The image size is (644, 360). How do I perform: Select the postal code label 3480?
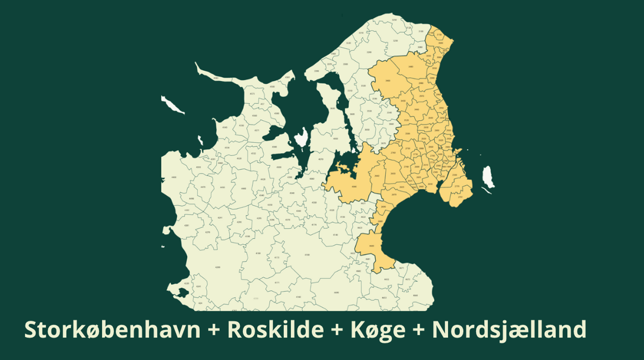tap(411, 67)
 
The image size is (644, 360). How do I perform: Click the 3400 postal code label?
tap(387, 80)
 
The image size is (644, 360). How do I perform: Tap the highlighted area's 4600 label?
tap(372, 246)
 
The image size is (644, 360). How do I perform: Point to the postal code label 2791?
tap(460, 197)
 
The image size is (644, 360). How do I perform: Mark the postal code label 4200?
tap(217, 267)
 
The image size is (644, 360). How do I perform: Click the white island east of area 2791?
tap(488, 177)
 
